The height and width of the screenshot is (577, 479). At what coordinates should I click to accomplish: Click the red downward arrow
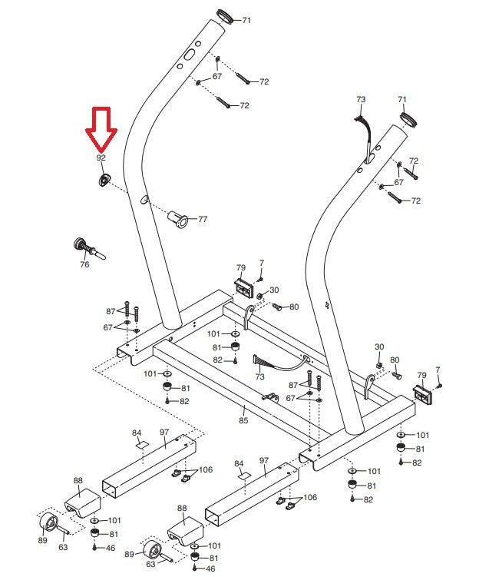pos(101,129)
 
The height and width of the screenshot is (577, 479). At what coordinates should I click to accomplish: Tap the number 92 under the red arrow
pos(101,158)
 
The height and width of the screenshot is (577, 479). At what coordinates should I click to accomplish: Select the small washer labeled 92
pos(102,179)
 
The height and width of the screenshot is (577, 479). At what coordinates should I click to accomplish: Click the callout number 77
pos(203,220)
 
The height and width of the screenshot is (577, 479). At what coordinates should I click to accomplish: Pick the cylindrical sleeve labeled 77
pos(179,217)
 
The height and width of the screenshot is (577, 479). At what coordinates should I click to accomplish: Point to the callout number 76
pos(84,264)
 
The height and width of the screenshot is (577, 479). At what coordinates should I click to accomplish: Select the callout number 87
pos(111,311)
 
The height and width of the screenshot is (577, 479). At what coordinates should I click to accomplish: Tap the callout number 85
pos(243,421)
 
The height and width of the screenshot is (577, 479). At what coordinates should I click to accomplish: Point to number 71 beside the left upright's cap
pos(247,20)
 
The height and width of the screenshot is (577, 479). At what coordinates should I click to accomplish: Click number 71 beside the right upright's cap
pos(402,100)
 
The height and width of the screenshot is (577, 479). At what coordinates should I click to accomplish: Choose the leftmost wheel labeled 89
pos(46,524)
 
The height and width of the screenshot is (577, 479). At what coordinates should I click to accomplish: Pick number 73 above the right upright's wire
pos(362,100)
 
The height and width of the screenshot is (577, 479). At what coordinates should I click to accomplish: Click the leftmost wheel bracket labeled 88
pos(82,503)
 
